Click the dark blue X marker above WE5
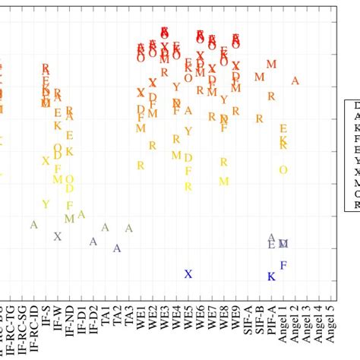[x=188, y=274]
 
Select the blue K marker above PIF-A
[x=270, y=277]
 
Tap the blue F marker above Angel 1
[x=283, y=265]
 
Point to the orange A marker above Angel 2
[x=295, y=81]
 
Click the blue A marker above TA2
[x=117, y=248]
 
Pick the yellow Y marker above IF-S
[x=46, y=204]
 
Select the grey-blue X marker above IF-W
[x=57, y=236]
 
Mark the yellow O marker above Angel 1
[x=283, y=169]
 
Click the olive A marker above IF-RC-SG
[x=33, y=225]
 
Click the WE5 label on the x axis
[x=188, y=318]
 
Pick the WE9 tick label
[x=235, y=318]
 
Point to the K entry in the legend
[x=356, y=129]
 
